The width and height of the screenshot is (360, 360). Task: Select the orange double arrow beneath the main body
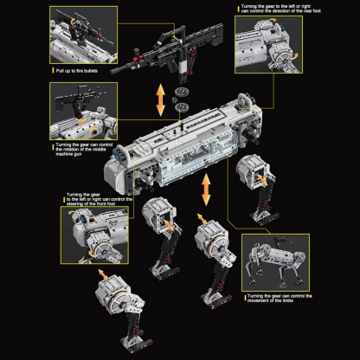[206, 184]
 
